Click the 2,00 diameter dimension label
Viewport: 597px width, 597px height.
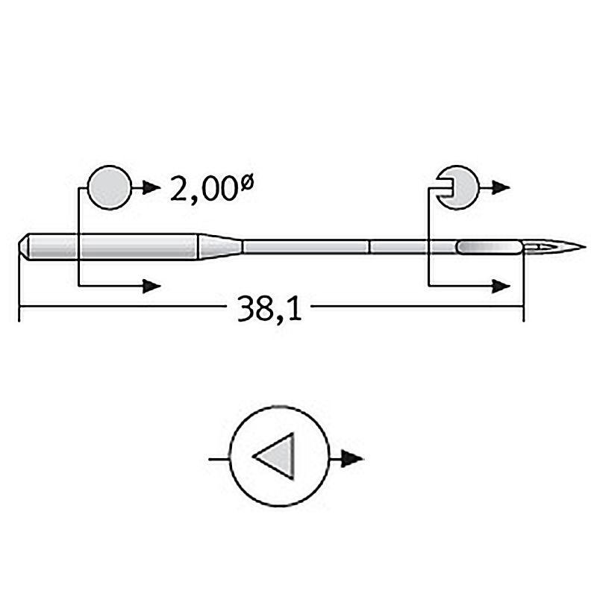point(212,189)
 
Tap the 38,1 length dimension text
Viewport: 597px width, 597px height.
point(269,308)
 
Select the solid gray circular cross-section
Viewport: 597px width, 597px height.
point(110,187)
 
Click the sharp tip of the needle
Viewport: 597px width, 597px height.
point(585,247)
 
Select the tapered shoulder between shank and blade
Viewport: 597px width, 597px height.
point(219,247)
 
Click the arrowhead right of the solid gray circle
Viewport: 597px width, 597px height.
point(151,187)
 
